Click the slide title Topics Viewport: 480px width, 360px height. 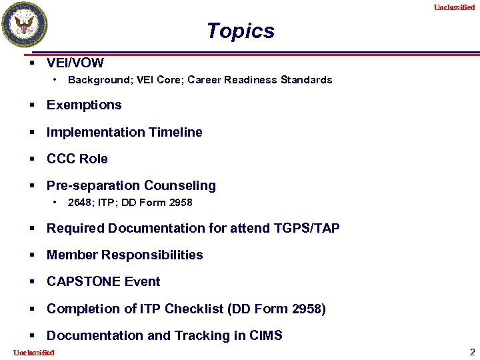pyautogui.click(x=240, y=31)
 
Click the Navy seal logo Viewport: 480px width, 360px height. pyautogui.click(x=25, y=25)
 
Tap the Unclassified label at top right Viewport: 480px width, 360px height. pyautogui.click(x=454, y=7)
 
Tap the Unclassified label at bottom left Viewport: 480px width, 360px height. pyautogui.click(x=34, y=353)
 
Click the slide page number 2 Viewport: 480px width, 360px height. pyautogui.click(x=472, y=352)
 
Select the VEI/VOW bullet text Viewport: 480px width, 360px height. pyautogui.click(x=75, y=63)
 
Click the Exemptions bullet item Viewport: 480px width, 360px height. pyautogui.click(x=84, y=105)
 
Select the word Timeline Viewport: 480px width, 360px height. pyautogui.click(x=175, y=132)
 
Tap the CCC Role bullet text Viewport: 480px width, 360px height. pyautogui.click(x=77, y=159)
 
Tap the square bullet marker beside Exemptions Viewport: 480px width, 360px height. pyautogui.click(x=32, y=105)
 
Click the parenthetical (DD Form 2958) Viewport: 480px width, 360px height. pyautogui.click(x=277, y=309)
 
